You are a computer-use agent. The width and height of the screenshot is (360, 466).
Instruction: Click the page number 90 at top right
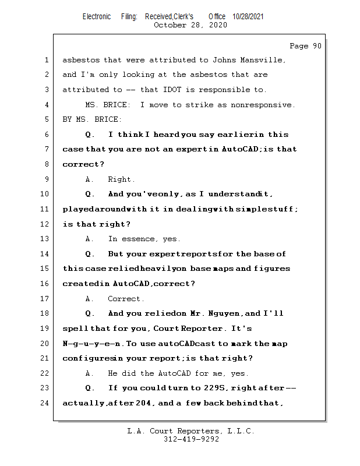click(x=317, y=46)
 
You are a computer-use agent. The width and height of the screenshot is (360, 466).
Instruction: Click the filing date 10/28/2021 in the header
click(x=248, y=17)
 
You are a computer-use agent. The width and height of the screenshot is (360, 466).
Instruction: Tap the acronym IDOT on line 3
click(x=172, y=90)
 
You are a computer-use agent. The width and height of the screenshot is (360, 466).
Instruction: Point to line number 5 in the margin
click(x=47, y=119)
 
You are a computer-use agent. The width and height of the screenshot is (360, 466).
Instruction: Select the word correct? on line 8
click(x=83, y=164)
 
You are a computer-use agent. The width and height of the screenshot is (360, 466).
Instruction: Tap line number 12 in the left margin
click(x=45, y=224)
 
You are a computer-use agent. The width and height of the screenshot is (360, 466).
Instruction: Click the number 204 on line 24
click(x=143, y=403)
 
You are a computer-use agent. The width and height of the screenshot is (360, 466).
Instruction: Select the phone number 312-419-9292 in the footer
click(x=192, y=439)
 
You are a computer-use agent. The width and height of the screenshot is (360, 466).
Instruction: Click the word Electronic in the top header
click(x=97, y=17)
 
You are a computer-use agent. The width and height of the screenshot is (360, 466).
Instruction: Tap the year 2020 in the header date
click(x=218, y=25)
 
